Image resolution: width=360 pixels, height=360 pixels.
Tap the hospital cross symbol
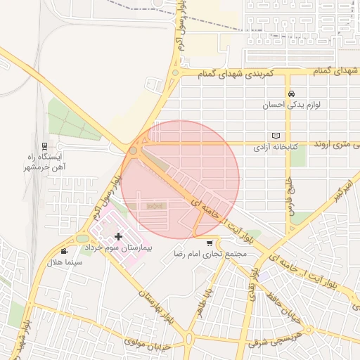pos(118,237)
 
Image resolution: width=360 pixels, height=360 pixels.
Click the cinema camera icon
pos(65,251)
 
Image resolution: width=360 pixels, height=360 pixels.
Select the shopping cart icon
pos(210,243)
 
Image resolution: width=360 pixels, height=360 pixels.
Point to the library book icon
pos(276,136)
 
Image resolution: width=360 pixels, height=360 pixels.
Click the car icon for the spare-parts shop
pos(290,94)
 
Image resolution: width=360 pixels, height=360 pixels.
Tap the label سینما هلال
pos(64,262)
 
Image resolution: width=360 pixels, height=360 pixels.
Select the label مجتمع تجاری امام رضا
pos(211,253)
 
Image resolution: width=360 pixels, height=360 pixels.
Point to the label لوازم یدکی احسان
pos(291,105)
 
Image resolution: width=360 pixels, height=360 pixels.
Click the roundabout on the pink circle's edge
pos(133,150)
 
